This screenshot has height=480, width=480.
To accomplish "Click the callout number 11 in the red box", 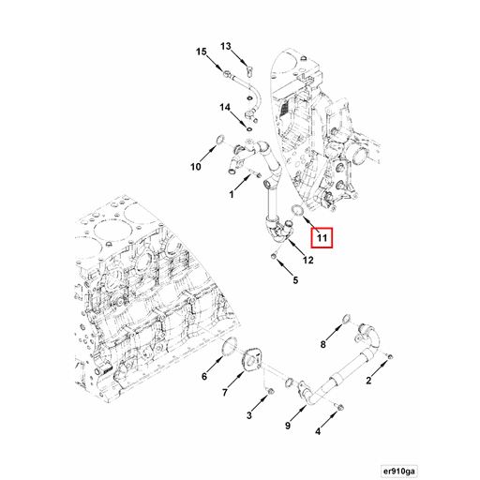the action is coord(322,238).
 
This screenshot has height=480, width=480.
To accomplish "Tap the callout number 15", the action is coord(202,52).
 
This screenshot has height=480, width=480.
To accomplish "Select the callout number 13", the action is coord(226,46).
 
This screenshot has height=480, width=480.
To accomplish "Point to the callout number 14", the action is coord(225,108).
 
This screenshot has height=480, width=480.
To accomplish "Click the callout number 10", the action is coord(196,167).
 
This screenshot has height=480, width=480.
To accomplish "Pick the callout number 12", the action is coord(307,260).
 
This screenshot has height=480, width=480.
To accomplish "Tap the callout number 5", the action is coord(295,280).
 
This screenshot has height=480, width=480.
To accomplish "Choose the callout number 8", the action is coord(322,344).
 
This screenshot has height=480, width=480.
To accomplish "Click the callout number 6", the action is coord(204,376).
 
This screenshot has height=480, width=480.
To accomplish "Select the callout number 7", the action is coord(225,392).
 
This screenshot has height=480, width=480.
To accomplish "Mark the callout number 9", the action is coord(288,426).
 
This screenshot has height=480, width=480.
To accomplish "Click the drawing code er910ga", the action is coord(399,471).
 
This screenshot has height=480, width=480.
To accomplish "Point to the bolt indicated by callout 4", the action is coord(339,407).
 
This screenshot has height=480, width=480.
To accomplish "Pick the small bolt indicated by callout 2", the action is coord(389,356).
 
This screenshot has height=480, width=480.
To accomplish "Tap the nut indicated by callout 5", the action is coord(274,256).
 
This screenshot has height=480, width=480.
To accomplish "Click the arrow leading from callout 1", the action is coord(242,183).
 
